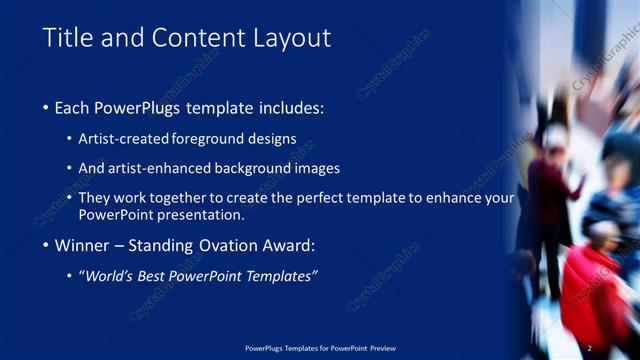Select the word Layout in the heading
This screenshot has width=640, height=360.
[288, 38]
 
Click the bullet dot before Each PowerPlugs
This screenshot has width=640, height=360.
[48, 107]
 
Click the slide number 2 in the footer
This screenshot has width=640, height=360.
[590, 348]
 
